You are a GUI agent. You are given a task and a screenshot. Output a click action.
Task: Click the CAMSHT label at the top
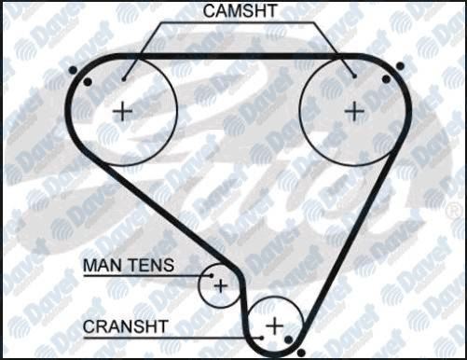click(x=240, y=10)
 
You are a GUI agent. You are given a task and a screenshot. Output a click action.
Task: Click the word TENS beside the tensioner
click(x=151, y=265)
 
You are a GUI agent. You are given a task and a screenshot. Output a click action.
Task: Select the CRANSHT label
click(x=125, y=326)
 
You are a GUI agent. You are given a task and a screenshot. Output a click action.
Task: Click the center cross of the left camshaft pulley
click(x=122, y=111)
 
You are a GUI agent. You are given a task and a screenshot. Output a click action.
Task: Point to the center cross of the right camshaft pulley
click(x=355, y=111)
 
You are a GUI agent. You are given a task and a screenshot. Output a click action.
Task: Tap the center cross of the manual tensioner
click(x=221, y=285)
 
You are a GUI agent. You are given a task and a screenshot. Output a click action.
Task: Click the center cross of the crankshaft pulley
click(x=275, y=326)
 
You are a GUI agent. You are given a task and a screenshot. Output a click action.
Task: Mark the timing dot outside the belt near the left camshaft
click(x=73, y=70)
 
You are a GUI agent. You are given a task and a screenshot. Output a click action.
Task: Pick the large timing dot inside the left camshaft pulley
click(x=88, y=82)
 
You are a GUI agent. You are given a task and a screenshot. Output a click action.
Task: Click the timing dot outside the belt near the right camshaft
click(x=400, y=66)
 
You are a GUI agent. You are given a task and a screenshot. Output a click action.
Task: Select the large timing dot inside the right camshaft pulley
click(x=386, y=79)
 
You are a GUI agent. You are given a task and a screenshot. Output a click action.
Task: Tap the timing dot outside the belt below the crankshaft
click(x=301, y=353)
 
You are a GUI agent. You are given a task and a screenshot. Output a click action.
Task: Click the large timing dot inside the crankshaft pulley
click(x=289, y=339)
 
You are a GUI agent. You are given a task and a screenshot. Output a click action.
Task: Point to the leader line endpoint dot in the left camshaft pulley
click(x=124, y=79)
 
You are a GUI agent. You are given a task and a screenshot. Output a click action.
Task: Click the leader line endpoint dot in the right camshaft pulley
click(x=354, y=76)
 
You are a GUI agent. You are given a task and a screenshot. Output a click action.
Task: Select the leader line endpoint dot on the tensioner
click(x=212, y=275)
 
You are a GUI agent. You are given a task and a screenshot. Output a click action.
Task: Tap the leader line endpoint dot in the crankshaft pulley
click(x=262, y=338)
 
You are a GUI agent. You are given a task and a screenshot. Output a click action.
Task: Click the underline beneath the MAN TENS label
click(x=147, y=275)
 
